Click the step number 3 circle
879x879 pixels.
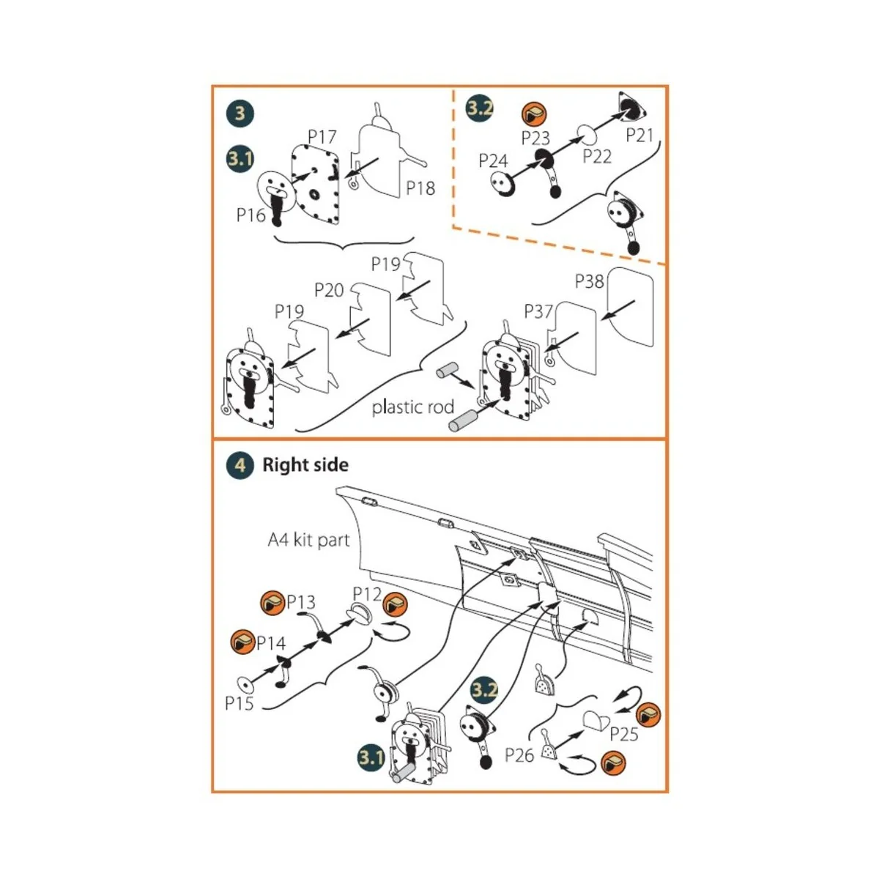[x=240, y=114]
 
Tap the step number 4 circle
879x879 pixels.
[x=240, y=465]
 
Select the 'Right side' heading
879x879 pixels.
[x=305, y=465]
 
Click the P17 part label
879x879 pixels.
[x=322, y=137]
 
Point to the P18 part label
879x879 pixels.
[x=420, y=188]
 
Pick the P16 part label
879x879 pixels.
[x=251, y=215]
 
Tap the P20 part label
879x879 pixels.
[x=329, y=290]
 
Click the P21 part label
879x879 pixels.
[x=639, y=136]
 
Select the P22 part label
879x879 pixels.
[x=597, y=157]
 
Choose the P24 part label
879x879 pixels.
[x=493, y=160]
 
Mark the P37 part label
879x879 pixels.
[x=538, y=312]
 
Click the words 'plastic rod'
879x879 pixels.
[x=412, y=407]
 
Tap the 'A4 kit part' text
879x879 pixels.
[x=308, y=541]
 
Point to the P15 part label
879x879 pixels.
[x=239, y=704]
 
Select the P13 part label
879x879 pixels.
[x=300, y=602]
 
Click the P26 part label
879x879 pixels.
[x=519, y=754]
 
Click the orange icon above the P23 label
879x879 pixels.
[x=535, y=114]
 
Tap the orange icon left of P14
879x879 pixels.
[x=242, y=642]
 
